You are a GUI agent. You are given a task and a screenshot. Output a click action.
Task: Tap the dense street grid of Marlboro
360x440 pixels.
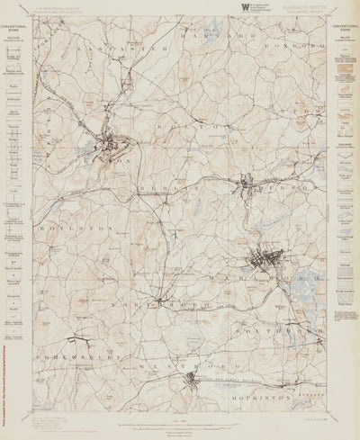[262, 263]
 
